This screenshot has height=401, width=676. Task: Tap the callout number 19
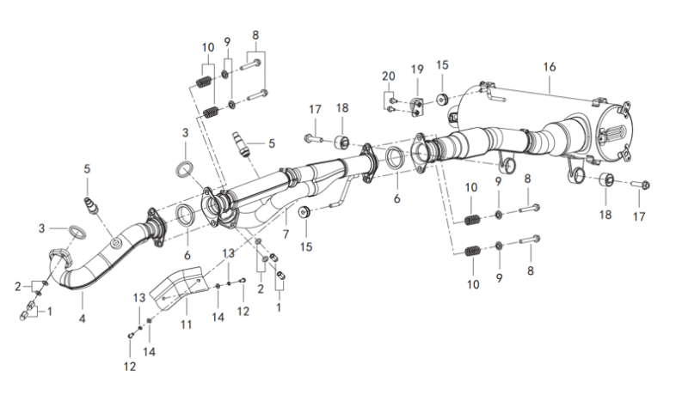(x=417, y=68)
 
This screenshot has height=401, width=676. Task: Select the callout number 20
(x=389, y=76)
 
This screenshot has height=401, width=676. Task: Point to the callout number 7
(x=286, y=233)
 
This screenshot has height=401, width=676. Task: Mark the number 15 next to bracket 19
(x=442, y=65)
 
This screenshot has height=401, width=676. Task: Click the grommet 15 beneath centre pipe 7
(x=305, y=211)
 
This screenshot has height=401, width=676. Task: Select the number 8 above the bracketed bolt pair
(x=255, y=35)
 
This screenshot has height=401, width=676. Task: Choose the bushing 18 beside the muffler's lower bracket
(x=605, y=180)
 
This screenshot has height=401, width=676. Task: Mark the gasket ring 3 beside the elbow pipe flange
(x=75, y=232)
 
